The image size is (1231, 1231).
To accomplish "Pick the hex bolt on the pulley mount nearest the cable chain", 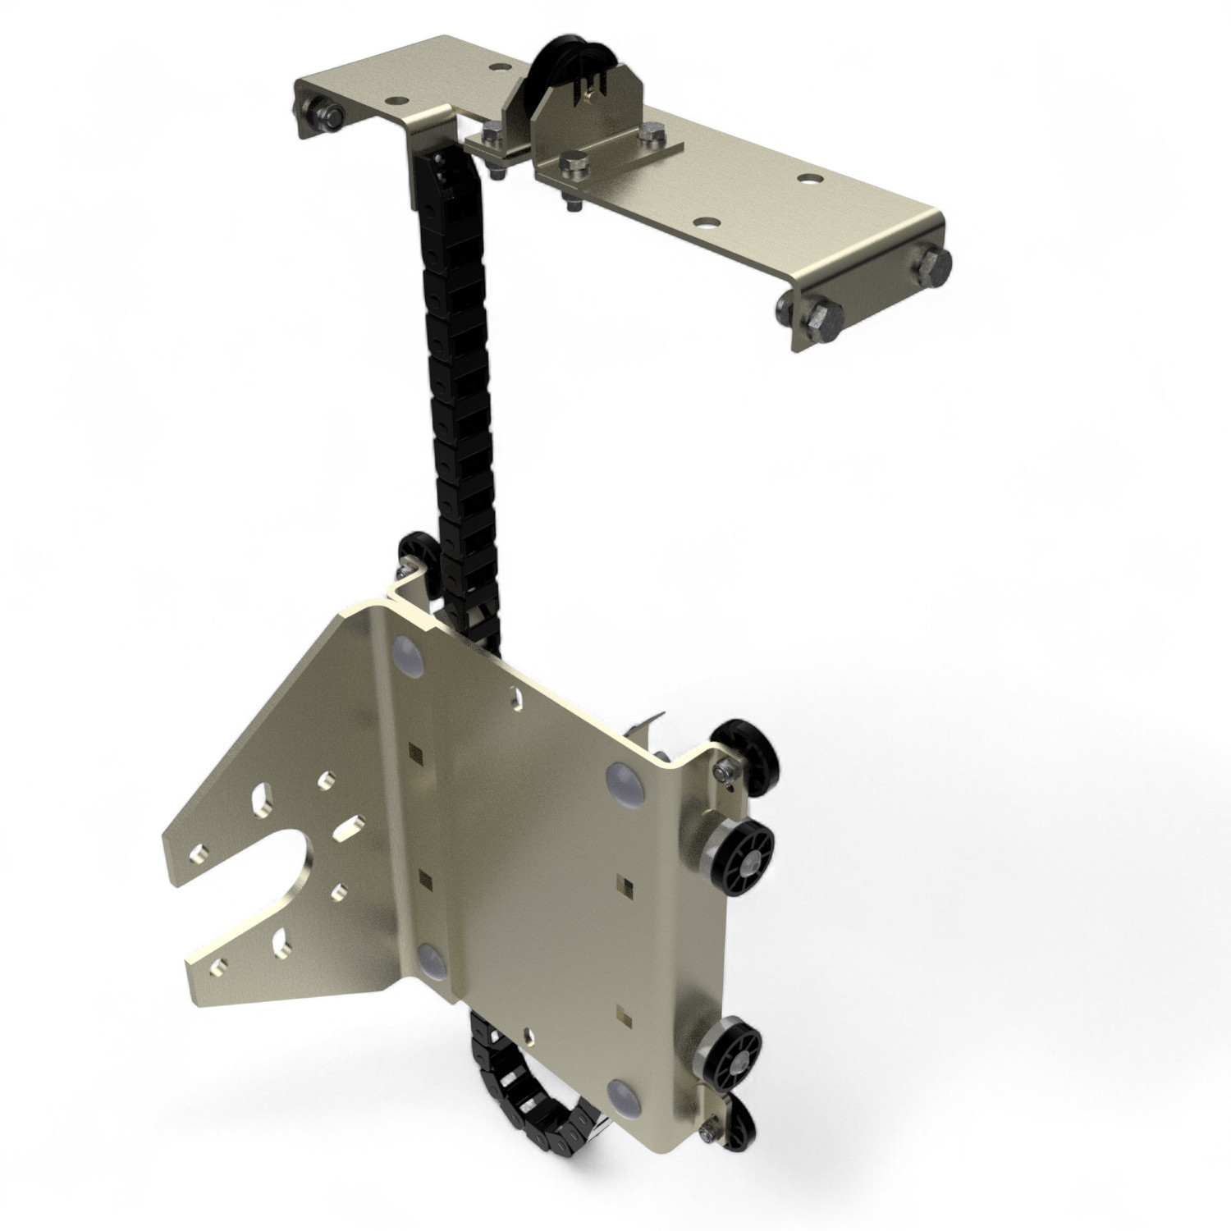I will (495, 135).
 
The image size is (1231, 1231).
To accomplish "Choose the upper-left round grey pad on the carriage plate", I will (408, 652).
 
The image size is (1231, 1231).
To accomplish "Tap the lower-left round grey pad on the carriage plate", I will (432, 959).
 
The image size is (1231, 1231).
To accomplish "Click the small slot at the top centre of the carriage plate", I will (516, 698).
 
